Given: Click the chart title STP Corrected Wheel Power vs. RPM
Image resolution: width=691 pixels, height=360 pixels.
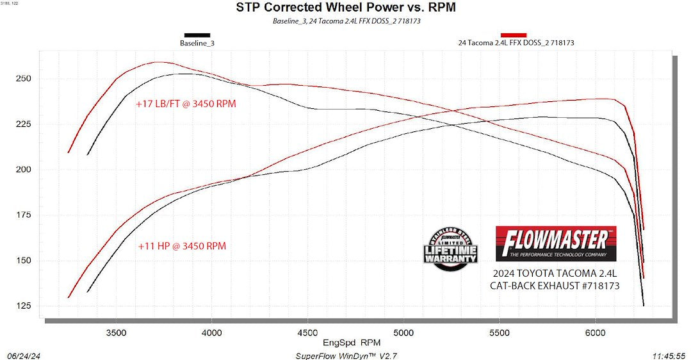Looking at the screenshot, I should click(346, 8).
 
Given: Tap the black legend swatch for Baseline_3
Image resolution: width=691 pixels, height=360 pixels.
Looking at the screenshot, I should click(197, 35).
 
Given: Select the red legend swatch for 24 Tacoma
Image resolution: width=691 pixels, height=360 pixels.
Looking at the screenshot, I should click(514, 35).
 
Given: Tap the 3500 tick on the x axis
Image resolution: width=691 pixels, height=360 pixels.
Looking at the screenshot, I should click(115, 333).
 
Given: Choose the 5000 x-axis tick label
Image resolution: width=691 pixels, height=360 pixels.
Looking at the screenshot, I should click(403, 333).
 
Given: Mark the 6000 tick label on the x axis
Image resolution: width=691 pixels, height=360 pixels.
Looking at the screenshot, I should click(595, 333).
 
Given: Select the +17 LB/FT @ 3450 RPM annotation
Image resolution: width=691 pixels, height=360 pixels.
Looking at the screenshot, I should click(186, 103).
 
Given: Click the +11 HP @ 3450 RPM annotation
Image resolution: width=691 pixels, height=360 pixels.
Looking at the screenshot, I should click(182, 245).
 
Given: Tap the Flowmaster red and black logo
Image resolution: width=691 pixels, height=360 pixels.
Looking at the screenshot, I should click(556, 243).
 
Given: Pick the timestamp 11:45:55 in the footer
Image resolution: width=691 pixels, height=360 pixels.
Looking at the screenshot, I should click(668, 355).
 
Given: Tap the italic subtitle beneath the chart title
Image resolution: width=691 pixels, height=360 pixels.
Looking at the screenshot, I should click(346, 21).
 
